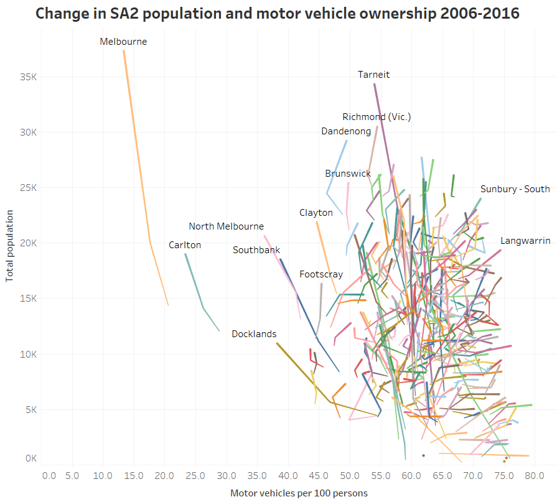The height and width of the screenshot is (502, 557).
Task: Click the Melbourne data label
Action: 123,42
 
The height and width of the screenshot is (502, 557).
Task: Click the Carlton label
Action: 185,245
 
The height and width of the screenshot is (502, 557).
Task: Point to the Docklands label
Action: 254,334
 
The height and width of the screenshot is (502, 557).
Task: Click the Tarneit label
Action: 373,75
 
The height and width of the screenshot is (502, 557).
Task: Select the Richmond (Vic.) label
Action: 377,117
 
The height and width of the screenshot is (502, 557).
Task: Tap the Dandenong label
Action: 346,131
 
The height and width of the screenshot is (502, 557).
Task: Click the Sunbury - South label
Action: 515,189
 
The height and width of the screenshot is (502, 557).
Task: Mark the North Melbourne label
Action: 226,226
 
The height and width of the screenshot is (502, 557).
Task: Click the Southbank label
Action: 256,250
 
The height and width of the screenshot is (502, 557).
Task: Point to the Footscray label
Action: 321,274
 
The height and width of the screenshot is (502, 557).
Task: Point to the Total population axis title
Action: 10,246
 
